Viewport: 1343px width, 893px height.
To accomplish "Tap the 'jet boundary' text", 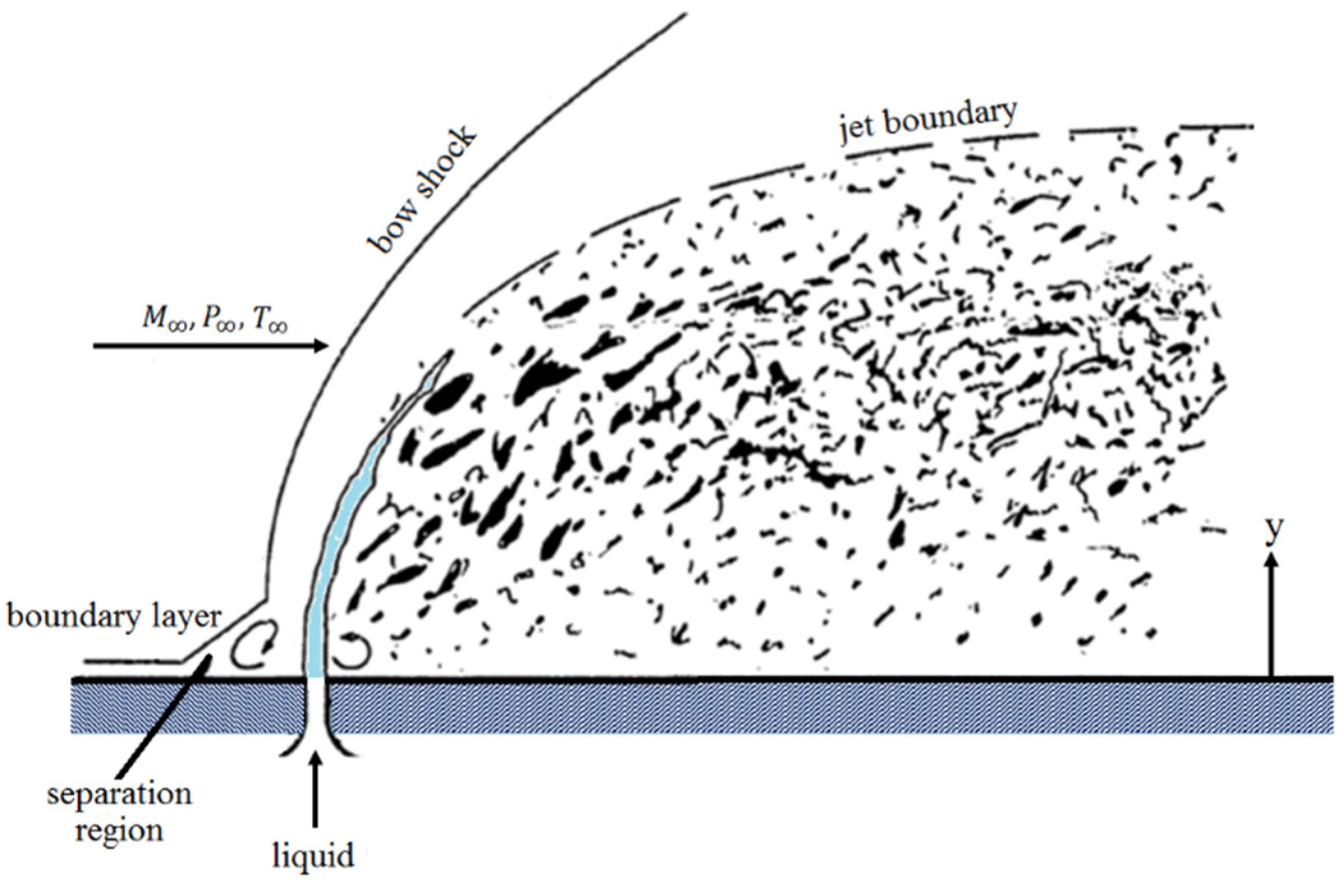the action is tap(928, 127).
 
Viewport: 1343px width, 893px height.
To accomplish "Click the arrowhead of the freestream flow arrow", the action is tap(320, 346).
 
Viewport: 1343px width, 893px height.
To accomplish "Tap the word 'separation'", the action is tap(120, 795).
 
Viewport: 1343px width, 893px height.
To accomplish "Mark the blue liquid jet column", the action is tap(332, 543).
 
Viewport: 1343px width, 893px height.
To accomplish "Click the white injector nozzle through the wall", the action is tap(314, 710).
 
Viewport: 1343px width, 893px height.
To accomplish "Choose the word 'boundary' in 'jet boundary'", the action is tap(953, 121).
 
